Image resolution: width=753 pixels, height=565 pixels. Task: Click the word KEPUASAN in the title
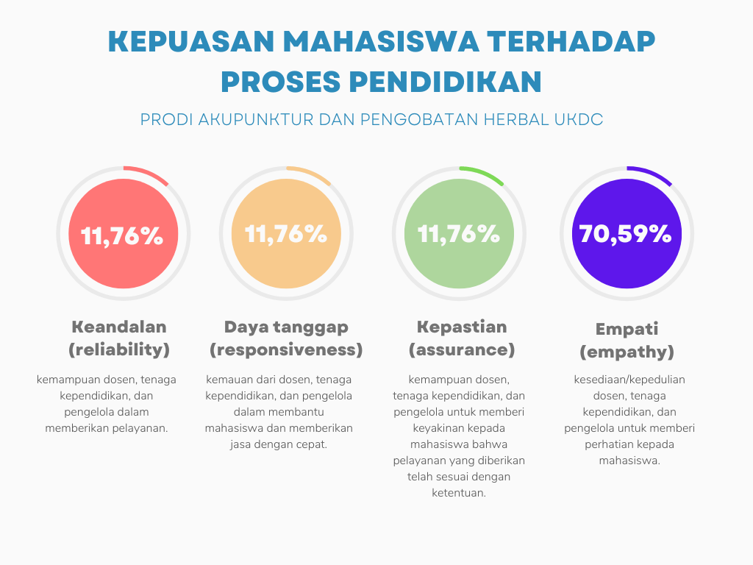(191, 41)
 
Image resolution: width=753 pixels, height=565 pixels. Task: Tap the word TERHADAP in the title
(571, 41)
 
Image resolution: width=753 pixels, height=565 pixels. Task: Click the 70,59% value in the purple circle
(625, 234)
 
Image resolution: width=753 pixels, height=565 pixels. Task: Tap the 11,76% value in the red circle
(122, 236)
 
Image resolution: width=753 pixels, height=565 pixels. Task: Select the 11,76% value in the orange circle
(286, 234)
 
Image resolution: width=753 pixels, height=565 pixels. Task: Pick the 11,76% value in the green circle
(459, 234)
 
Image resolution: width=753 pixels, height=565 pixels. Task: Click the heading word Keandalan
(119, 327)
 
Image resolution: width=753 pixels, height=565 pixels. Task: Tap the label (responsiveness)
(286, 350)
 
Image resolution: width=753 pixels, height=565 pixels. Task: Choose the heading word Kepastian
(462, 327)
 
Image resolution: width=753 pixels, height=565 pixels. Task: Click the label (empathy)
(627, 352)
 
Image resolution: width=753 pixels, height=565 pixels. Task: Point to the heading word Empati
(627, 330)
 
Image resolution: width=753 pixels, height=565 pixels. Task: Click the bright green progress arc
(482, 174)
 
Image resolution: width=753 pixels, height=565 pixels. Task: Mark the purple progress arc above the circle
(650, 174)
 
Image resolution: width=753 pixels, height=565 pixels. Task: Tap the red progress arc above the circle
(147, 174)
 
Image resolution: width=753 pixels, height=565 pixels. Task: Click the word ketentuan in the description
(459, 493)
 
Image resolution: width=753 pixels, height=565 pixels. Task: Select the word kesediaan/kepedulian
(629, 380)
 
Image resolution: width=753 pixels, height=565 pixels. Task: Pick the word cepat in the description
(311, 445)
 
